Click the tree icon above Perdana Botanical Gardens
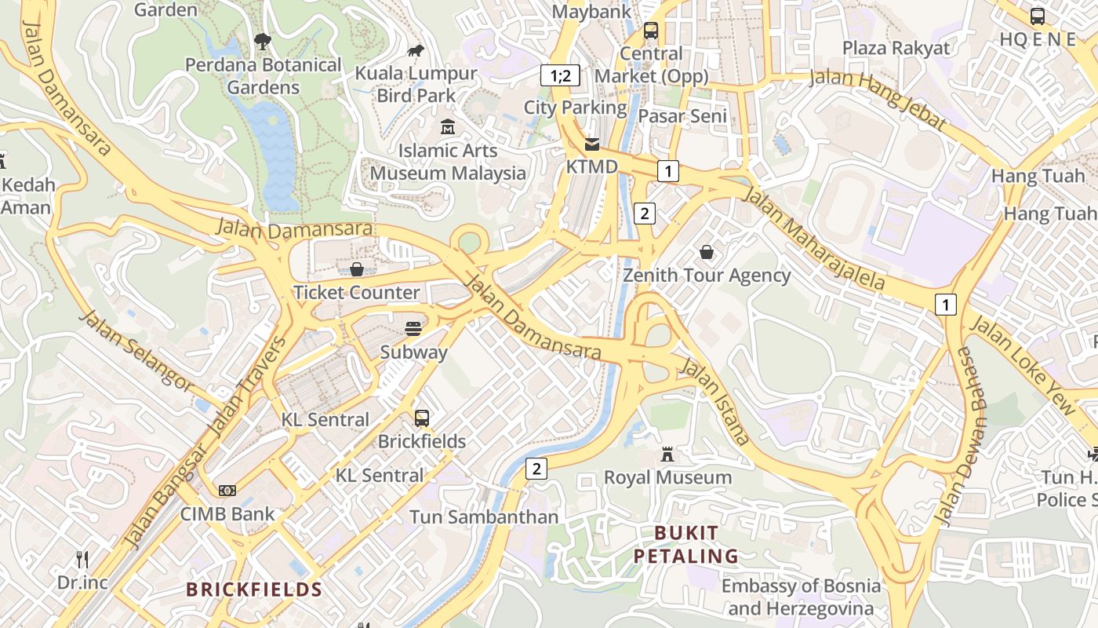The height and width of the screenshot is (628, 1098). coord(263,41)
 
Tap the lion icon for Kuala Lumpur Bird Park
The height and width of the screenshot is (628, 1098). coord(416,51)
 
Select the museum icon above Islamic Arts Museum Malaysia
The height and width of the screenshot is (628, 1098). coord(448,126)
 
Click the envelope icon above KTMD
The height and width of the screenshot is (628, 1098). coord(592,144)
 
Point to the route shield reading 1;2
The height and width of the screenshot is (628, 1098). coord(560,76)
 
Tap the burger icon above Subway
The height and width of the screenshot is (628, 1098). coord(413,328)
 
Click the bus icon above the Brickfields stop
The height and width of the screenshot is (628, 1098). coord(422,418)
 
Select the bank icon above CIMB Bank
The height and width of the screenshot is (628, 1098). coord(227,491)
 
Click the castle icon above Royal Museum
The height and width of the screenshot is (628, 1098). coord(667,455)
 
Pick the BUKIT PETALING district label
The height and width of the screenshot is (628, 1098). coord(685,545)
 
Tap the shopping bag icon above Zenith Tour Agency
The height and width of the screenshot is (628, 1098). coord(707,252)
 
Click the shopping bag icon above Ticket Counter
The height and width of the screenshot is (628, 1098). coord(357,269)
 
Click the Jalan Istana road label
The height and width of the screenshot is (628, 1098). coord(714,400)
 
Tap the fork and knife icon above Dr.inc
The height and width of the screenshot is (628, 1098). coord(82,560)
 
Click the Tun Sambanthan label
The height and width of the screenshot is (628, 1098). coord(484,517)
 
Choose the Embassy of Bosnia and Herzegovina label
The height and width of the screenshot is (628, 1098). coord(801,597)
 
